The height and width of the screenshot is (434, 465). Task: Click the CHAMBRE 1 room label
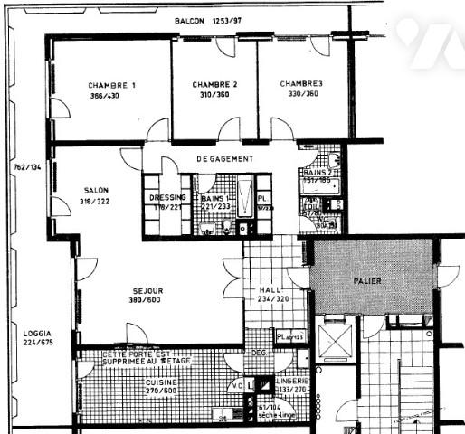[112, 85]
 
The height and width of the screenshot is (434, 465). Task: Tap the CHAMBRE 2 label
[214, 84]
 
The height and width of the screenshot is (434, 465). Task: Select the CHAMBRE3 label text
[301, 83]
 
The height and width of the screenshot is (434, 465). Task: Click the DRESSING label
[166, 197]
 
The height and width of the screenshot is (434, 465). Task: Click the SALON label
[96, 190]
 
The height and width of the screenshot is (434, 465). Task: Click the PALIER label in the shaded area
[366, 281]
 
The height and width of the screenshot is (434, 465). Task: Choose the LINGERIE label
[293, 382]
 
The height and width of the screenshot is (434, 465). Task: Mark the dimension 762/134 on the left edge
[26, 167]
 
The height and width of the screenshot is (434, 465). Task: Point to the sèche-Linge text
[270, 418]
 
